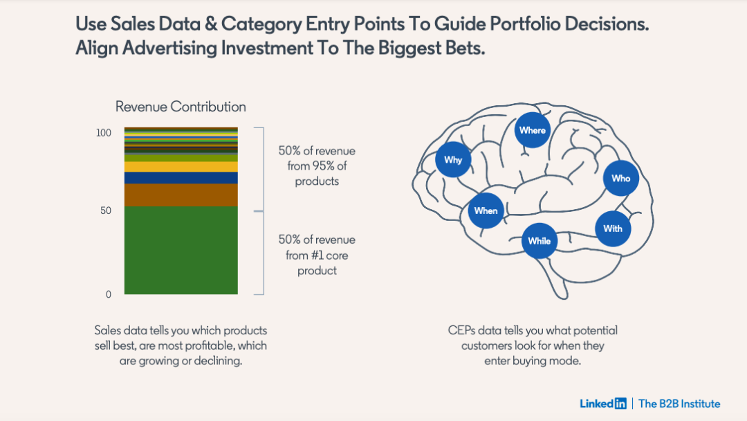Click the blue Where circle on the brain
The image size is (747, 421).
tap(533, 130)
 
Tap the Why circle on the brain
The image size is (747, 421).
tap(453, 160)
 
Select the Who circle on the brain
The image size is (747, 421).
tap(620, 179)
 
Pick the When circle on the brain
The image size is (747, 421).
tap(486, 210)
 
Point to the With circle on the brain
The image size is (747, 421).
tap(613, 229)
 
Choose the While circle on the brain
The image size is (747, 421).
tap(539, 241)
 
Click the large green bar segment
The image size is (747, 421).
tap(181, 250)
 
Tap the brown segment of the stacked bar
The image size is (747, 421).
tap(181, 195)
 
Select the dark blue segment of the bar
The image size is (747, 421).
tap(181, 178)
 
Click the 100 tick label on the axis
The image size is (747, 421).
tap(103, 132)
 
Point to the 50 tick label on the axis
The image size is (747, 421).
tap(106, 210)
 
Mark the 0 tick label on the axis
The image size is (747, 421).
tap(109, 294)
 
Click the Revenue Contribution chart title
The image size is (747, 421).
tap(181, 107)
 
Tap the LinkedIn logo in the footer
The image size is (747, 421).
tap(603, 403)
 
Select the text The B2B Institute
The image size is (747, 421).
tap(679, 404)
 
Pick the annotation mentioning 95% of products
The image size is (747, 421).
tap(317, 165)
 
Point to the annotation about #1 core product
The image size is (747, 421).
tap(317, 255)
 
